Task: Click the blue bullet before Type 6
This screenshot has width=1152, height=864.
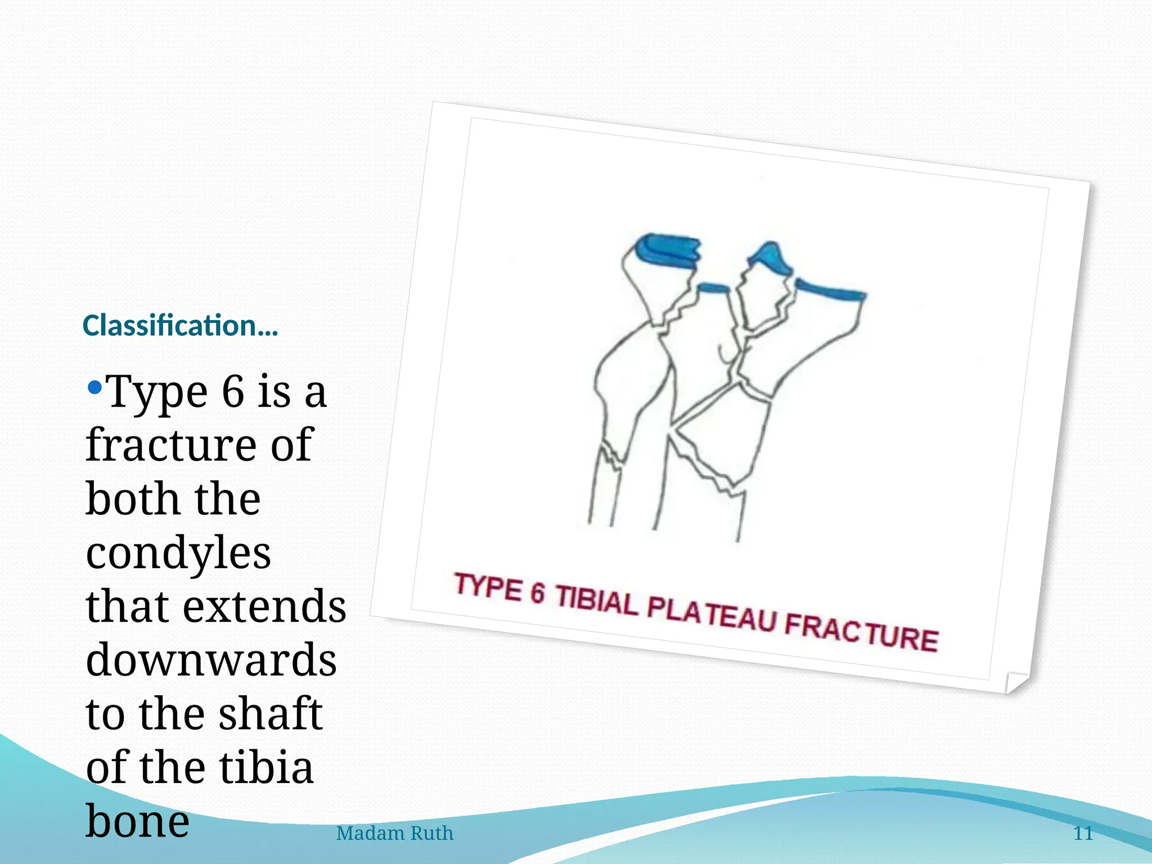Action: point(95,387)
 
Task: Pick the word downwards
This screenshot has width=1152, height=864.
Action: point(211,660)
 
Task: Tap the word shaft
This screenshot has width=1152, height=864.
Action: point(270,714)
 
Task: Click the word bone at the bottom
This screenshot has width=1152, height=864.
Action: point(137,821)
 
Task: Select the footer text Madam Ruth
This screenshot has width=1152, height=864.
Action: point(394,833)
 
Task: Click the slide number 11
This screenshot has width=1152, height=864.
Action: point(1083,833)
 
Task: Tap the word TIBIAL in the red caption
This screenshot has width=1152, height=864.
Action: point(597,600)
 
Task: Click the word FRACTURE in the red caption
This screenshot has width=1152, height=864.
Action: point(861,634)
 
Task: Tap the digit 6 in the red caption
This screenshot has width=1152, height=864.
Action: point(538,593)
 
